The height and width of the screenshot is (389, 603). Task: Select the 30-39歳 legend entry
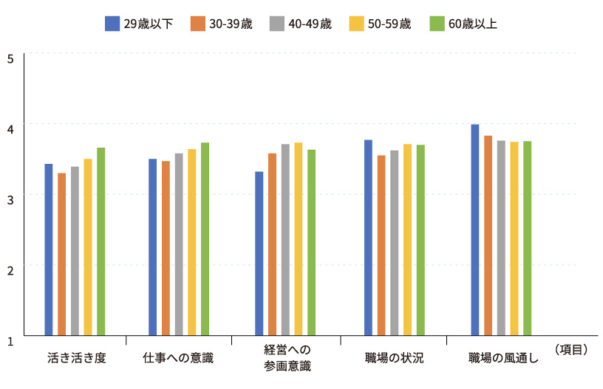(221, 24)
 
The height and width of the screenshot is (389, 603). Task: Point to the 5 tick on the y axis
(10, 58)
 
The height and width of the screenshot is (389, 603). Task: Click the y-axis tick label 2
(10, 270)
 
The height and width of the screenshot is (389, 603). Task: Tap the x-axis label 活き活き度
(76, 359)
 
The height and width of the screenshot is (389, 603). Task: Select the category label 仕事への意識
(178, 359)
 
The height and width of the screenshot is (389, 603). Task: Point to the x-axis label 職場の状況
(394, 359)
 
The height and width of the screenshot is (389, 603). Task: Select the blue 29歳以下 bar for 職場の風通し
(475, 230)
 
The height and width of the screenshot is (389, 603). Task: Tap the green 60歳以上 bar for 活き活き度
(100, 241)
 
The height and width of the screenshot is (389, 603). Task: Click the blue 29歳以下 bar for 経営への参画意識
(259, 253)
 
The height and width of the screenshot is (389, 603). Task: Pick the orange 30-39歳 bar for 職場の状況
(381, 245)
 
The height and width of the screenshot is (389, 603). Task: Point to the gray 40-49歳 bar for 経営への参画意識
(285, 239)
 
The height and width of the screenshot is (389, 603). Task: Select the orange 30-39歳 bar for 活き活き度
(62, 254)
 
